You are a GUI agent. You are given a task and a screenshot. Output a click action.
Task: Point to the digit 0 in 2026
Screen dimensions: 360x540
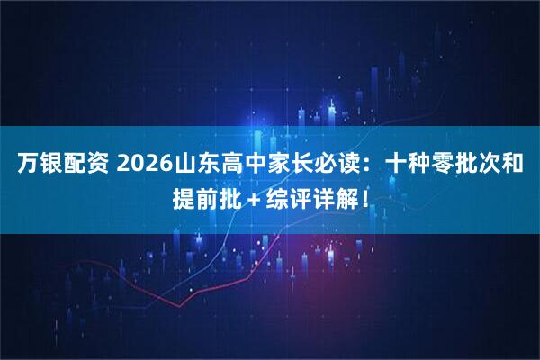coord(138,166)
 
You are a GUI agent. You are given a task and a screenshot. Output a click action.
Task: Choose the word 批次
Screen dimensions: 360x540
coord(481,166)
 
